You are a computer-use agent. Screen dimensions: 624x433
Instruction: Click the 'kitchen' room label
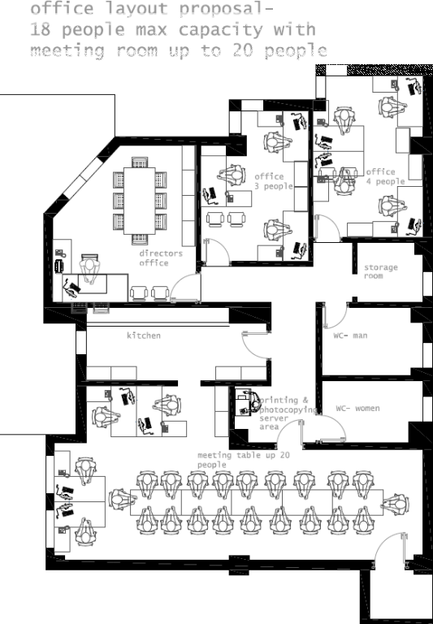[143, 336]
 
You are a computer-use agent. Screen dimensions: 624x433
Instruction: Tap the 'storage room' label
[379, 271]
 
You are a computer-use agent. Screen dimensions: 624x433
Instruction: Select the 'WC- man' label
[351, 335]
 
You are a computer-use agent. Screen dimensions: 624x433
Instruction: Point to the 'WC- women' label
[357, 409]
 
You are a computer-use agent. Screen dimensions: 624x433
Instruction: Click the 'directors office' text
[160, 258]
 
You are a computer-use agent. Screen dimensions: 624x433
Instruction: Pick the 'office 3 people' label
[272, 181]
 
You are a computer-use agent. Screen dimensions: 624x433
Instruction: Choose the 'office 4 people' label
[383, 176]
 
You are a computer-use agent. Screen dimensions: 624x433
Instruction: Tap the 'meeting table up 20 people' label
[242, 460]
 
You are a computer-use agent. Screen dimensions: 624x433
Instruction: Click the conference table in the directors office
[136, 200]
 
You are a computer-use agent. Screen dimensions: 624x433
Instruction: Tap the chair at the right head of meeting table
[396, 501]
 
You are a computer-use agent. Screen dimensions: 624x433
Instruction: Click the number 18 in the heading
[40, 31]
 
